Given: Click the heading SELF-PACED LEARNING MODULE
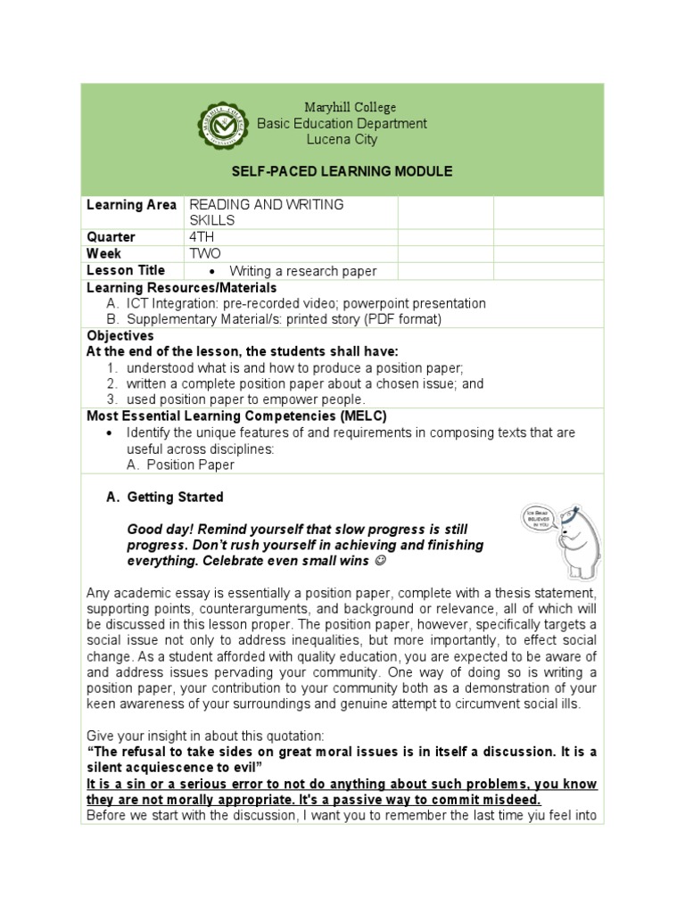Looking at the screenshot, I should (342, 171).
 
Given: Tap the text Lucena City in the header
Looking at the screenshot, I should (342, 139).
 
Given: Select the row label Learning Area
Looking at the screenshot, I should (131, 205).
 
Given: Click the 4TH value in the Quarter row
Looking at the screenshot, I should (202, 237).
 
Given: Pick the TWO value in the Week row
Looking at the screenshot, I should (204, 253).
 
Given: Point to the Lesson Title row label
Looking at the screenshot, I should (126, 270).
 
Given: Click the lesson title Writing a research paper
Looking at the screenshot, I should (302, 271).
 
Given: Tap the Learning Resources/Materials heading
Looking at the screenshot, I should (181, 288).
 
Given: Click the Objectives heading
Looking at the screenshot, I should (120, 336).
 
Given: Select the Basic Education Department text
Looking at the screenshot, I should (342, 123).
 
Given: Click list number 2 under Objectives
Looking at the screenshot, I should (112, 383).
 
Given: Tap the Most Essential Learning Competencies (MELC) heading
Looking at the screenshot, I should (236, 416).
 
